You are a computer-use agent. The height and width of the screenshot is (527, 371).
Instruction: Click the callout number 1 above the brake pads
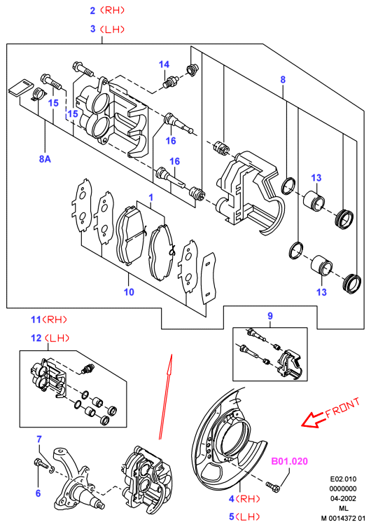150,197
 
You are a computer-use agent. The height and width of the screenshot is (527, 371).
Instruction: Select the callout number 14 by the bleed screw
164,64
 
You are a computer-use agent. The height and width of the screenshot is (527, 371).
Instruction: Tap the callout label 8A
45,158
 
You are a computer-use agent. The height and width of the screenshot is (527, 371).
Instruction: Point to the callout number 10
129,292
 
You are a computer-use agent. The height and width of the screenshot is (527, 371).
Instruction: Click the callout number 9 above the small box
270,316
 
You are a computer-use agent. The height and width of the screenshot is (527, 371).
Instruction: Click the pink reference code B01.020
289,461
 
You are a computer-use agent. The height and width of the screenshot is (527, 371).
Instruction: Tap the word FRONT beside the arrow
343,407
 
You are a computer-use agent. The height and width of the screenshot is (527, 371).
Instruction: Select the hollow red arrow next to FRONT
311,420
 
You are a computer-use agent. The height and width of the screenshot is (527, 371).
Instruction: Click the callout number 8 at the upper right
283,80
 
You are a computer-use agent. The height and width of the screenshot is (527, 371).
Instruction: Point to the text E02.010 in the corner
343,479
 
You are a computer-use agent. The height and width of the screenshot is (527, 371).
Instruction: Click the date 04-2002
343,498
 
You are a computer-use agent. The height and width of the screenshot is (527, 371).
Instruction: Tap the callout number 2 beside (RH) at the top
93,11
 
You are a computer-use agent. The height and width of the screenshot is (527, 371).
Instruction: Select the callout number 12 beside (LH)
36,338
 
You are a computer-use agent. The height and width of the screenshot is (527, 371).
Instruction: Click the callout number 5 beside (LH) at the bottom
232,516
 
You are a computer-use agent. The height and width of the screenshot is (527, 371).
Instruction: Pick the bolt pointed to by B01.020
273,487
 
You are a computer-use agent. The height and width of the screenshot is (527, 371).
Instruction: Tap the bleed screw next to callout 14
170,82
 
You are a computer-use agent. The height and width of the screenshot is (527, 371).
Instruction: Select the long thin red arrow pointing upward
165,397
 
